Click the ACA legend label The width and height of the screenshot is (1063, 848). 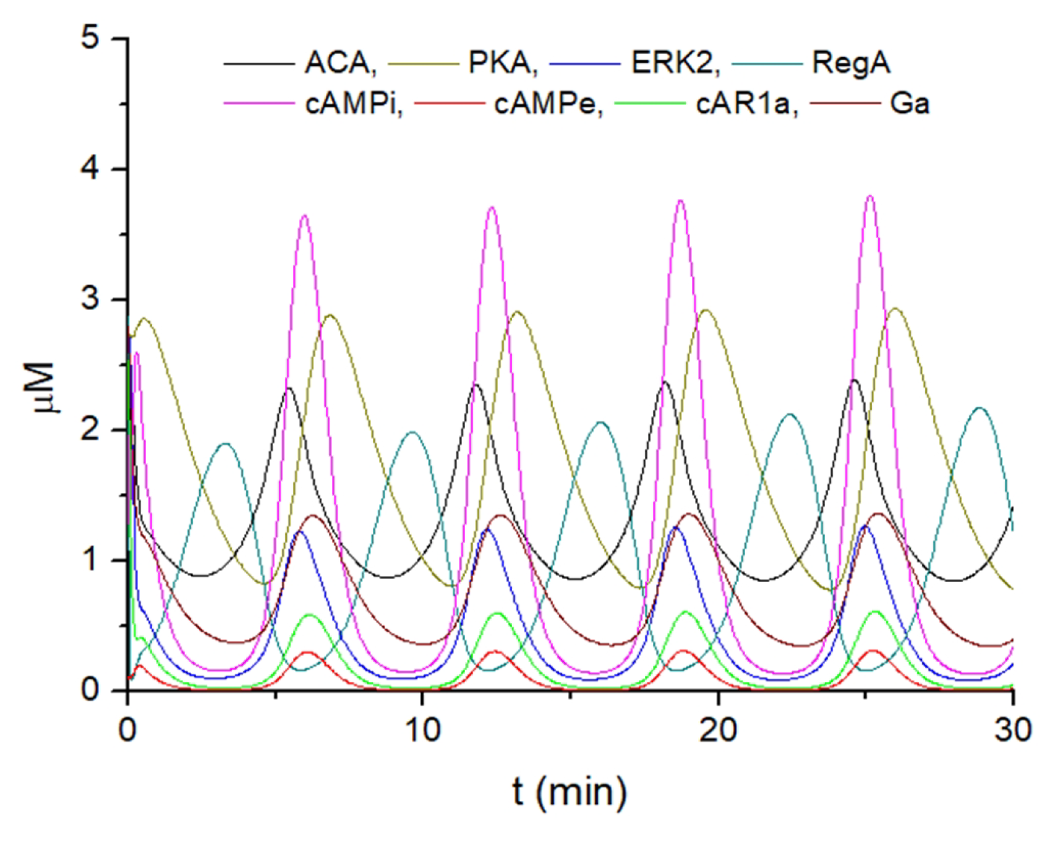tap(340, 63)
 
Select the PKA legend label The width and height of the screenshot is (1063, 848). tap(503, 63)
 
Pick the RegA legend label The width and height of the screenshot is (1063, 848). tap(851, 63)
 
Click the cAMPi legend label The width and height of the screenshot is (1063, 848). tap(354, 104)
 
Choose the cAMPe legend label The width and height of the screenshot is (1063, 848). tap(548, 104)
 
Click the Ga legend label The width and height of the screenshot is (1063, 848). tap(910, 104)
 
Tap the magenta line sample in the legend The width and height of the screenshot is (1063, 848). tap(258, 103)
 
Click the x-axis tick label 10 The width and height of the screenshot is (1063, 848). tap(423, 730)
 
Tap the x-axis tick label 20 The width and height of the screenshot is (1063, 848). tap(718, 730)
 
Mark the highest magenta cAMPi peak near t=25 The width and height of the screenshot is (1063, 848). tap(870, 197)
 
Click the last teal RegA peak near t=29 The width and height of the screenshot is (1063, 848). tap(979, 408)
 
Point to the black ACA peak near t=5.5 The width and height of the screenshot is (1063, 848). tap(289, 388)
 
